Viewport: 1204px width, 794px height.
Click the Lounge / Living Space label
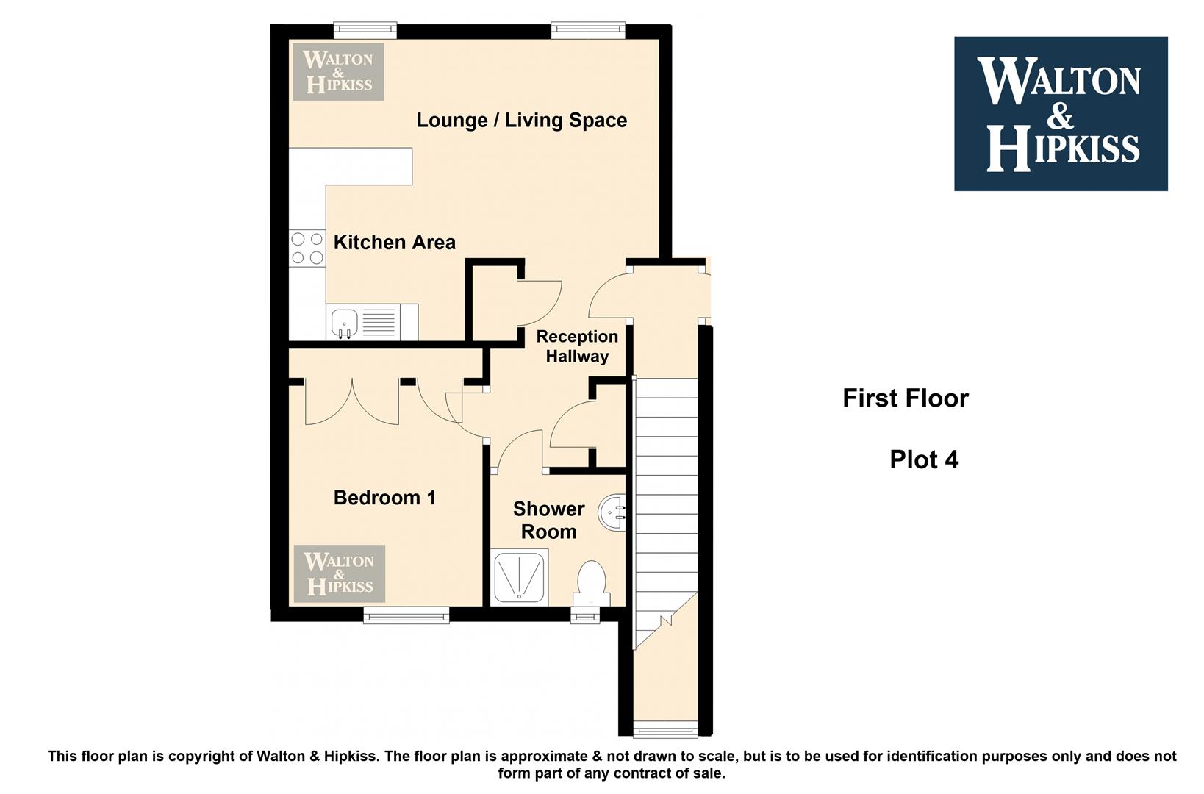(x=521, y=121)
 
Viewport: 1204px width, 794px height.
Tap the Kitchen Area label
(x=395, y=243)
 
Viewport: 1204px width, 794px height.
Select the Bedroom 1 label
(x=384, y=498)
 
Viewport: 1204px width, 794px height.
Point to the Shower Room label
(x=549, y=521)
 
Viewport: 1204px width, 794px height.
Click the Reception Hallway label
(x=577, y=346)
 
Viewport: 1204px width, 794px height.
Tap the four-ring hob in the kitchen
(x=307, y=248)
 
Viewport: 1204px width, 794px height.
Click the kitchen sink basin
(x=345, y=323)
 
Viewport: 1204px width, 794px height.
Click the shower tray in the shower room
(x=519, y=577)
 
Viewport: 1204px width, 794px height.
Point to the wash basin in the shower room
(x=612, y=512)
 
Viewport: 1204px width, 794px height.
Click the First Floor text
(x=906, y=398)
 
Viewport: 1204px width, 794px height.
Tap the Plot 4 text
(x=924, y=459)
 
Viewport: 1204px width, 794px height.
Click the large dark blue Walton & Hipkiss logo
(x=1061, y=113)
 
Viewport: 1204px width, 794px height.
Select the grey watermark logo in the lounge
(x=338, y=71)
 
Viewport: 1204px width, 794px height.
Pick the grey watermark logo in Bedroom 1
(x=339, y=573)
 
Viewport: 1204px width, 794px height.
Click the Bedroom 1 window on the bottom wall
(x=406, y=615)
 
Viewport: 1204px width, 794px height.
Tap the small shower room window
(x=585, y=615)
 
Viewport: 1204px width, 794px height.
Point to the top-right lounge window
(x=588, y=31)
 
